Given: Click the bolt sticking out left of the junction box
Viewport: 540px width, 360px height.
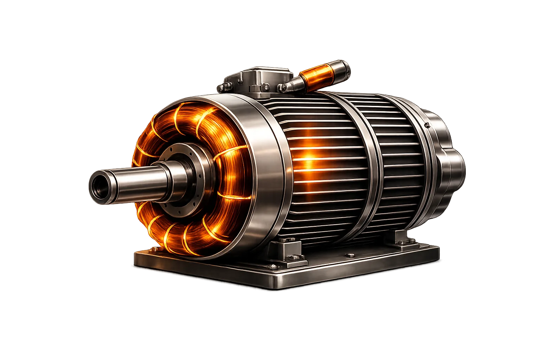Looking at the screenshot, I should tap(221, 87).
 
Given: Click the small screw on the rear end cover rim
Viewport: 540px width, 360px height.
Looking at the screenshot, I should tap(426, 125).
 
